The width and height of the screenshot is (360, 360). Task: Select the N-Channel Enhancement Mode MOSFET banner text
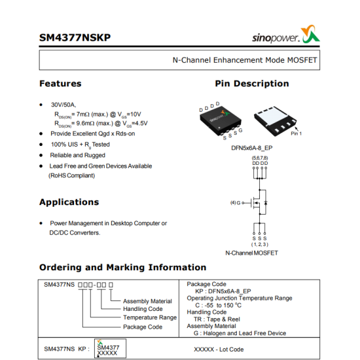(244, 60)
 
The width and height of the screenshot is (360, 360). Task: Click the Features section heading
(60, 84)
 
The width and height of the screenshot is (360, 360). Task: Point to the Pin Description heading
(251, 84)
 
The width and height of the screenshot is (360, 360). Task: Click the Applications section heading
(69, 202)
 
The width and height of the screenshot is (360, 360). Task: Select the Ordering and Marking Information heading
(122, 267)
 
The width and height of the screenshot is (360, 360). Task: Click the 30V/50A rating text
(63, 104)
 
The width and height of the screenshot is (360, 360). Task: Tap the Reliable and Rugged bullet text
(77, 155)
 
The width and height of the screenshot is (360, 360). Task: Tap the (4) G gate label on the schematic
(236, 202)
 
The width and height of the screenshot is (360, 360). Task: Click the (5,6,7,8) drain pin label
(260, 158)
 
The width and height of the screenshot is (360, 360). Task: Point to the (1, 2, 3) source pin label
(260, 244)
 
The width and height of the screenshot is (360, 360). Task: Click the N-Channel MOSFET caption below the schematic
(251, 253)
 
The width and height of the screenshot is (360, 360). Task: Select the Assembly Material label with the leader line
(147, 301)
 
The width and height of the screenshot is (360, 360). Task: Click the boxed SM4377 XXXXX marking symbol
(109, 349)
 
